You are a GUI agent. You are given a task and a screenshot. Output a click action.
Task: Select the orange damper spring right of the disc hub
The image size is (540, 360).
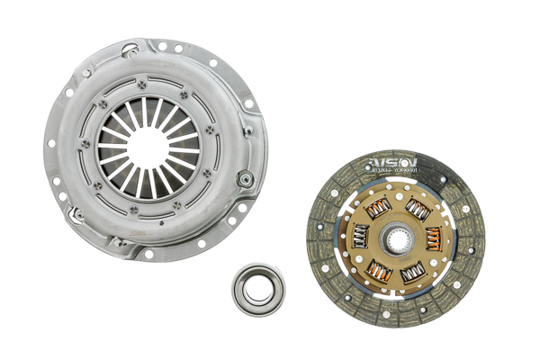(432, 238)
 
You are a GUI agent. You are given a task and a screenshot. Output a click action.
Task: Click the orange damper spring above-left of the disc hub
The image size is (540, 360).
(375, 209)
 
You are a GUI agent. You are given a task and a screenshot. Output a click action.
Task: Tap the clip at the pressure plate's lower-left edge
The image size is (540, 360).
(76, 216)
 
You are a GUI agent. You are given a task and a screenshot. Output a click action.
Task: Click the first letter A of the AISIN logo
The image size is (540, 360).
(370, 166)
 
